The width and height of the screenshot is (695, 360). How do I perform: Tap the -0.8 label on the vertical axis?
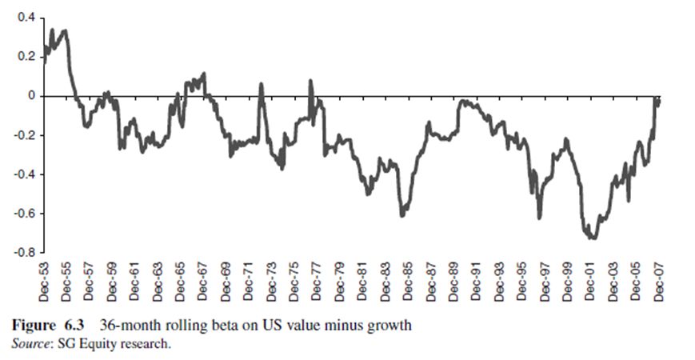pyautogui.click(x=22, y=253)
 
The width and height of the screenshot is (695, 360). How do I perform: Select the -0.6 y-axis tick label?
pyautogui.click(x=22, y=214)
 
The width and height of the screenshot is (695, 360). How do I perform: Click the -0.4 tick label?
pyautogui.click(x=22, y=174)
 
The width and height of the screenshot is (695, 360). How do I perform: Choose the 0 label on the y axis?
pyautogui.click(x=30, y=96)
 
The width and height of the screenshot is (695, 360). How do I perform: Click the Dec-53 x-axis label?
pyautogui.click(x=44, y=279)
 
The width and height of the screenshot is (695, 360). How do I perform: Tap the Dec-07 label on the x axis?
pyautogui.click(x=659, y=279)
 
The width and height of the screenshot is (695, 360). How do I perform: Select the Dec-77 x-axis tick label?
pyautogui.click(x=318, y=279)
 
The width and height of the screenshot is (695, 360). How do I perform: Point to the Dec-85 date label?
pyautogui.click(x=409, y=279)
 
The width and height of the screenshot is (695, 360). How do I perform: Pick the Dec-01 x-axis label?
pyautogui.click(x=591, y=279)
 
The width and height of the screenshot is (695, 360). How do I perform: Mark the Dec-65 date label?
pyautogui.click(x=181, y=279)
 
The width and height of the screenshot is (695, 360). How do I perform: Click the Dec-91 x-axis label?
pyautogui.click(x=477, y=279)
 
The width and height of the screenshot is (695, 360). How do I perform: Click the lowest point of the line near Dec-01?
pyautogui.click(x=592, y=238)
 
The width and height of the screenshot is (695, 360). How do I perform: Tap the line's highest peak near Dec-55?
pyautogui.click(x=64, y=30)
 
